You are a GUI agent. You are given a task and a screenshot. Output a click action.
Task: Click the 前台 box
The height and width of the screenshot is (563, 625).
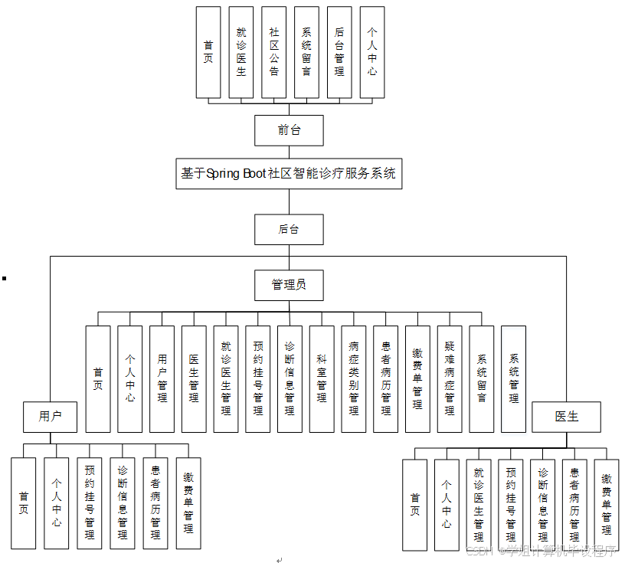289,130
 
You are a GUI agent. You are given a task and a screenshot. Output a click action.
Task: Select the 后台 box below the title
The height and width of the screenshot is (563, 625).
289,229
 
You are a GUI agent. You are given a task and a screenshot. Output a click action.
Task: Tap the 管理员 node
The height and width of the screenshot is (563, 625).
289,285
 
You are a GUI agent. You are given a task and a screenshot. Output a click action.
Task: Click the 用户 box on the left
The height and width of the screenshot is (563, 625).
51,417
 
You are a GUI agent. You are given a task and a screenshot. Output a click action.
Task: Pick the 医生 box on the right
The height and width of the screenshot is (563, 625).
567,417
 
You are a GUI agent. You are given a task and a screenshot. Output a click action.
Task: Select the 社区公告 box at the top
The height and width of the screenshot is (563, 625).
273,52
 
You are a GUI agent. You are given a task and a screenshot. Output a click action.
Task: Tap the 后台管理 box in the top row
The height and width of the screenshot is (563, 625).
339,52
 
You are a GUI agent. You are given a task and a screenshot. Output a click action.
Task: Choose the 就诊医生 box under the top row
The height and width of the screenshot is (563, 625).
241,52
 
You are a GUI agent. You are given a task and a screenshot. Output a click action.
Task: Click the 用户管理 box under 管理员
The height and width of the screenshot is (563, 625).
162,378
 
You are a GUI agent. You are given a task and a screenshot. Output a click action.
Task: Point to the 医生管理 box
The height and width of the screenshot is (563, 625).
194,378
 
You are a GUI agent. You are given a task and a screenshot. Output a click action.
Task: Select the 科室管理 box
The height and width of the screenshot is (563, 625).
322,378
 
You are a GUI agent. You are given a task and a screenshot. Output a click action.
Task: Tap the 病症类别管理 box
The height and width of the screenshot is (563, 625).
354,378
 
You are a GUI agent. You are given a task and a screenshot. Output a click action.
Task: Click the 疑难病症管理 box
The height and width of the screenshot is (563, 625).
450,378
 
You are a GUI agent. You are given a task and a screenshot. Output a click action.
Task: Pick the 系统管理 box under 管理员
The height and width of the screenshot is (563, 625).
513,378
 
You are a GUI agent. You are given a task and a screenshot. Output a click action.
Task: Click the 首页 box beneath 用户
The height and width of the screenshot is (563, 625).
24,502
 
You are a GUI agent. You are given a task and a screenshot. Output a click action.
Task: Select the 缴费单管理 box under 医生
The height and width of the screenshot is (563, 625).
606,504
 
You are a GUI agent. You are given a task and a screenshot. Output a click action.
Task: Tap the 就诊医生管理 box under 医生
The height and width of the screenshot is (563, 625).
479,504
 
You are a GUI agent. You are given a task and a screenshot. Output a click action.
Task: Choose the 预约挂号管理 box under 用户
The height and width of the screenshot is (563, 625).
90,502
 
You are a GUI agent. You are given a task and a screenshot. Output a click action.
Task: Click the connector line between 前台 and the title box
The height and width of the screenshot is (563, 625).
289,152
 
